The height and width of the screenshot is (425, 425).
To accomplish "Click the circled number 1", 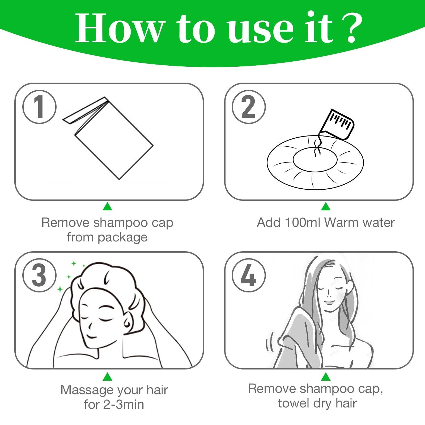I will click(x=39, y=107).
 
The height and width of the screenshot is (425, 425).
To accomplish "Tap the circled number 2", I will click(x=249, y=107).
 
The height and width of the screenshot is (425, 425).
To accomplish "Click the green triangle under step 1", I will click(x=107, y=206).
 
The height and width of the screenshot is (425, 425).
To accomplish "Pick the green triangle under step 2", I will click(x=326, y=206).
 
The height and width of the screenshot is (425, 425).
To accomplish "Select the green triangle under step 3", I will click(x=107, y=376).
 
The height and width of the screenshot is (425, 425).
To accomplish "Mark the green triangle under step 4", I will click(x=326, y=376).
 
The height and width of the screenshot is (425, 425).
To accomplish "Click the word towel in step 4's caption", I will click(x=293, y=403).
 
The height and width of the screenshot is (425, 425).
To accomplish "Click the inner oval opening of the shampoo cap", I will click(x=315, y=159).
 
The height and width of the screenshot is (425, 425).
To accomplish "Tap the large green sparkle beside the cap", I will click(x=60, y=289).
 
